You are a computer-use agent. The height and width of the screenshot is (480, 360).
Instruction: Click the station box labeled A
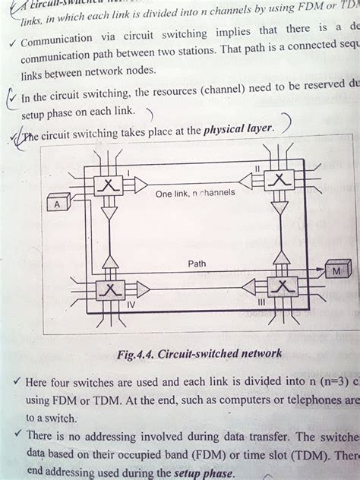coord(57,204)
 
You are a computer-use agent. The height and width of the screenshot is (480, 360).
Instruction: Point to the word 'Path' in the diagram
coord(197,264)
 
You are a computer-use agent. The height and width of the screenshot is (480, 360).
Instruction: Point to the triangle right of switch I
coord(140,185)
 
